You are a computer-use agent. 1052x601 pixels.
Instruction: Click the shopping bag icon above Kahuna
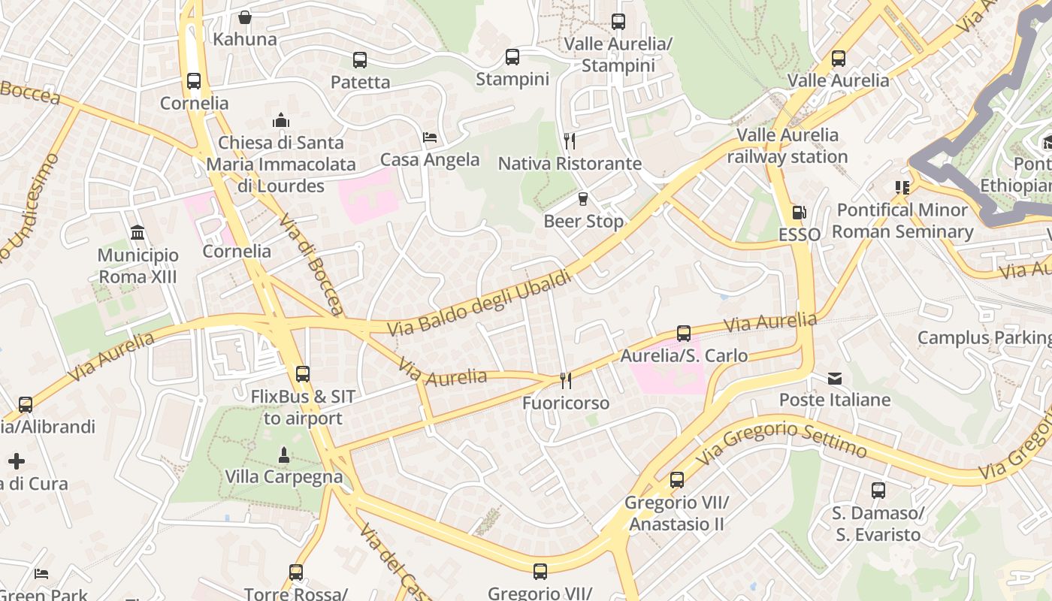point(245,17)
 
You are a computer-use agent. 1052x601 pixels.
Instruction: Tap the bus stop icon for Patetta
point(360,60)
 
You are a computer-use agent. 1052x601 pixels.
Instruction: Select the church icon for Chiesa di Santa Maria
point(281,120)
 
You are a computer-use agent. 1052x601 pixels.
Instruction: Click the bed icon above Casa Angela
point(430,137)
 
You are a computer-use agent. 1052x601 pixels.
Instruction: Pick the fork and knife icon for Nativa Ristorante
point(570,141)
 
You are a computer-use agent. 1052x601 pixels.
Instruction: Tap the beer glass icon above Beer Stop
point(582,199)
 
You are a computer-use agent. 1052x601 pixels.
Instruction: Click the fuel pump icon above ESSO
point(799,213)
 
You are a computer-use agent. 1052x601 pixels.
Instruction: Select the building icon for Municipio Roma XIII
point(138,233)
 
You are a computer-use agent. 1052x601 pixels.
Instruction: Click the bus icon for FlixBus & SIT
point(303,374)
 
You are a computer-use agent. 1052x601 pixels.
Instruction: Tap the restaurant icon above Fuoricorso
point(566,381)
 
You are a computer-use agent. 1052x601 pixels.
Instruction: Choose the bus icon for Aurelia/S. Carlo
point(684,334)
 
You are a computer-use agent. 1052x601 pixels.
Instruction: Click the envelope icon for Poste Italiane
point(835,378)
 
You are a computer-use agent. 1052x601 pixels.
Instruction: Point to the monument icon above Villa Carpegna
point(284,455)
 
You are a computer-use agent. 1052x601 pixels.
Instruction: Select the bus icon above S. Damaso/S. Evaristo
point(878,491)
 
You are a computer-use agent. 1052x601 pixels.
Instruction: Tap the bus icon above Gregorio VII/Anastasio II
point(677,480)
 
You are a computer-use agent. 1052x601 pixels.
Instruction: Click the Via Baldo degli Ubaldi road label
point(479,304)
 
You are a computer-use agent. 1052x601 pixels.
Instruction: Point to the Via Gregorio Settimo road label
point(781,441)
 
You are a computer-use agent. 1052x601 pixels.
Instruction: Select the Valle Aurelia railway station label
point(787,146)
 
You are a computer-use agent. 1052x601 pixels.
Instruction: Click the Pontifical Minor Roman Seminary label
point(902,221)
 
